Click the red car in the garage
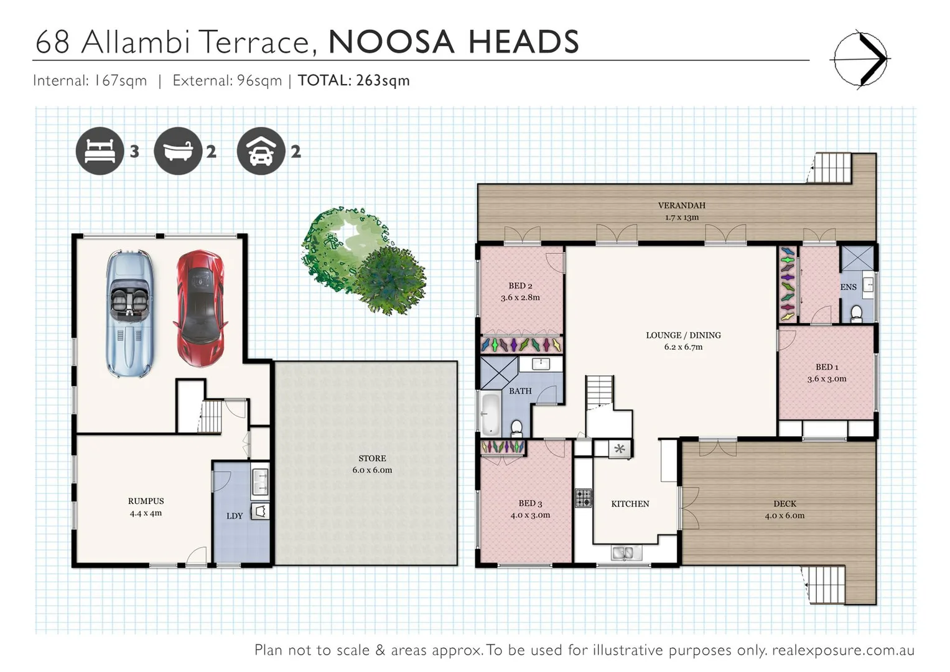tap(200, 308)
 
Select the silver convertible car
tap(129, 312)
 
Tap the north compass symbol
tap(860, 58)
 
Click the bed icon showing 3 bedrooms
tap(100, 151)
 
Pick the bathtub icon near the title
tap(178, 151)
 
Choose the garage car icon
tap(261, 151)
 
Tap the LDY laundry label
tap(235, 516)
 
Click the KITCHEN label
tap(630, 504)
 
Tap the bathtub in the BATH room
tap(491, 413)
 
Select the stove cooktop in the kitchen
tap(583, 498)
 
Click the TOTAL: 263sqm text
tap(353, 80)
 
